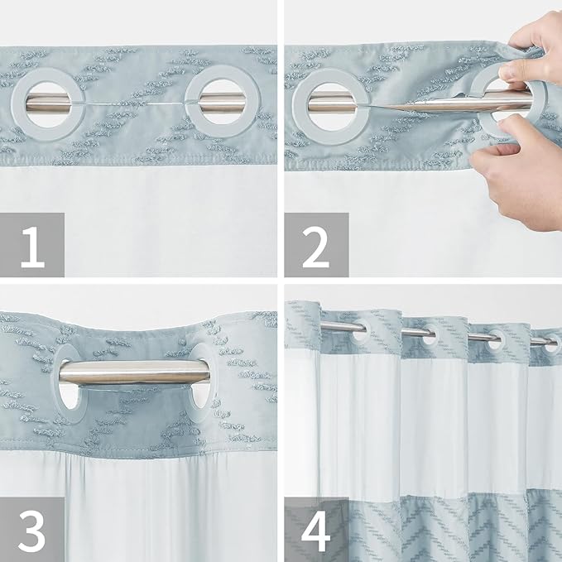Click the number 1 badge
coord(32,244)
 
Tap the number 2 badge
coord(316,244)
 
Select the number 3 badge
coord(32,529)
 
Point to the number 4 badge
coord(316,529)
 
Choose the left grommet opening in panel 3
coord(69,377)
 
